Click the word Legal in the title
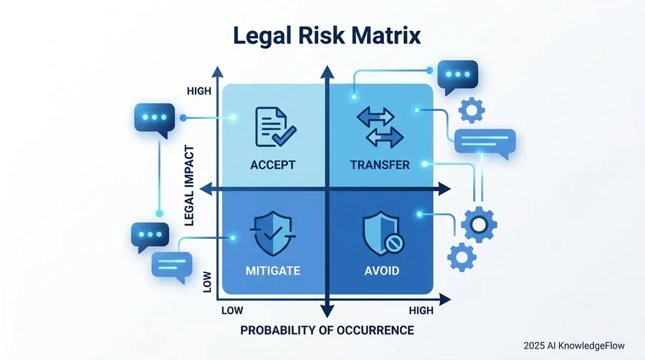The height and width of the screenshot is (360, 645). [x=262, y=37]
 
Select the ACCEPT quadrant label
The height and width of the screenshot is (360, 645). [x=273, y=165]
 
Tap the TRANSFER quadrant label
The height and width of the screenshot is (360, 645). [x=380, y=165]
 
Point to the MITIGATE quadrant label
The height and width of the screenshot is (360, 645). [x=273, y=271]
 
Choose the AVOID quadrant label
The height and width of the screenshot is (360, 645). [x=382, y=271]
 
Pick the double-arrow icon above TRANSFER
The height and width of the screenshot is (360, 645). [x=380, y=128]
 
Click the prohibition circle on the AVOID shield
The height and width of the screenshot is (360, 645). [x=393, y=245]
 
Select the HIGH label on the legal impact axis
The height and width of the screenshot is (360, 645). [x=199, y=91]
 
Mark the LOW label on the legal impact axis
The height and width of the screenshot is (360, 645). [x=207, y=282]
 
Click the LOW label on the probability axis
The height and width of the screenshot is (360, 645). [x=232, y=311]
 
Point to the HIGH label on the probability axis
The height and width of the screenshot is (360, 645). [x=421, y=311]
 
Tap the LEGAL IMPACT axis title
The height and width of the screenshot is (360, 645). [x=189, y=186]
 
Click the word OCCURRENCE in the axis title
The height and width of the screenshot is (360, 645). [x=375, y=330]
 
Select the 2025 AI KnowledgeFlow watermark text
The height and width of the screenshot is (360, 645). [x=574, y=346]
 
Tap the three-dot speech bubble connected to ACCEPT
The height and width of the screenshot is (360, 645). [x=154, y=119]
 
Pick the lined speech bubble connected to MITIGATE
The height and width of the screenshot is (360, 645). [x=171, y=266]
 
